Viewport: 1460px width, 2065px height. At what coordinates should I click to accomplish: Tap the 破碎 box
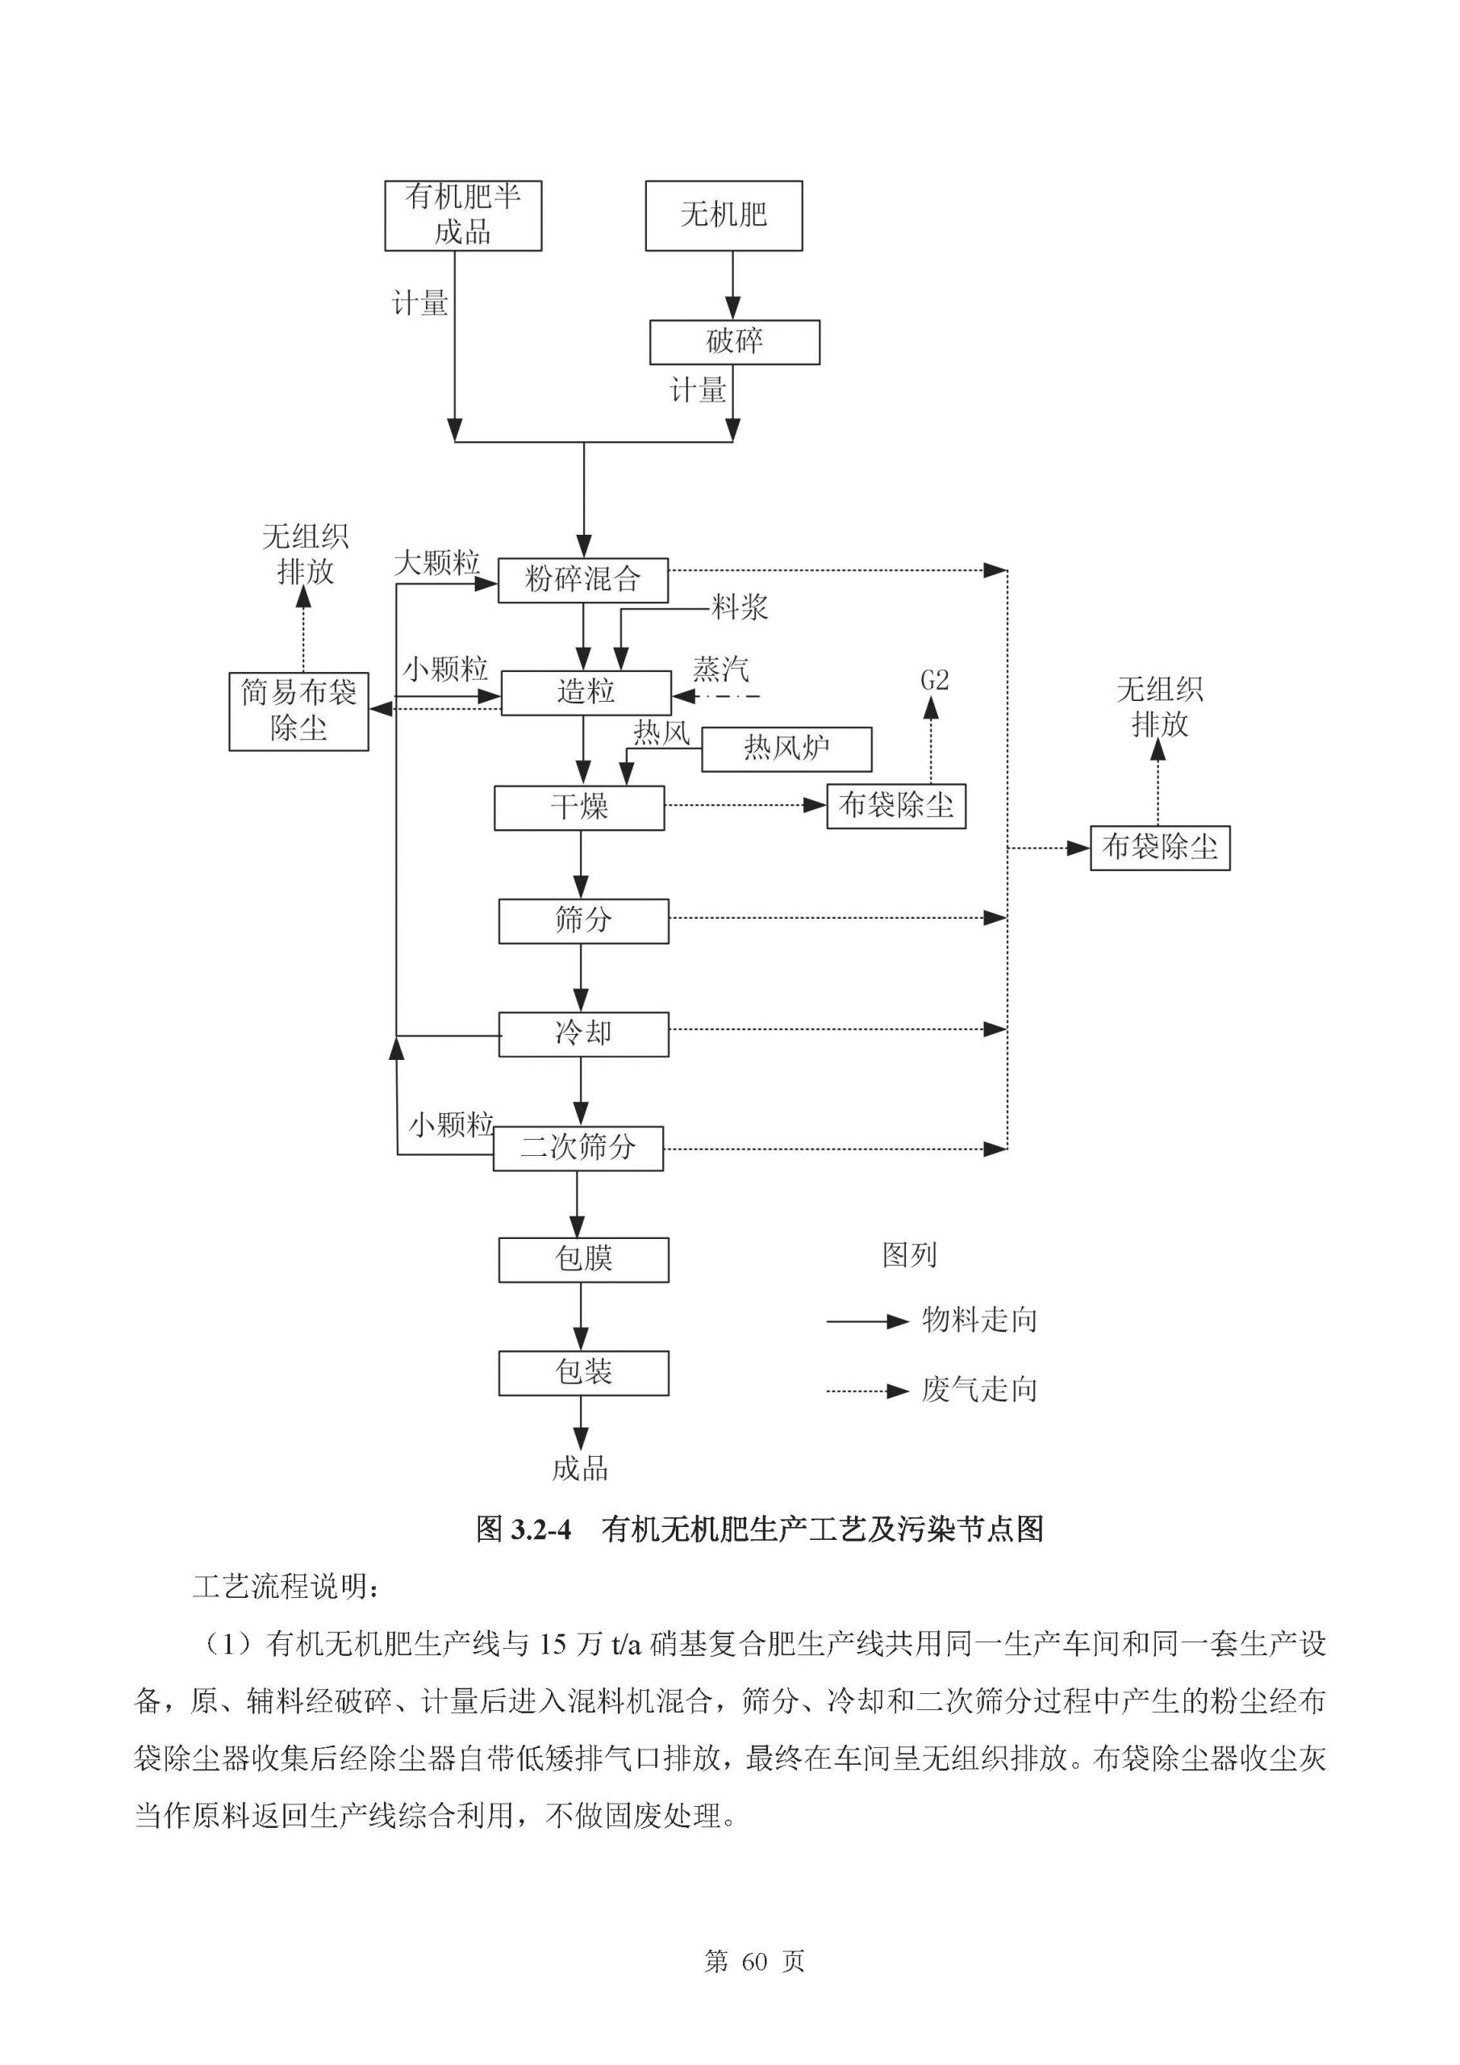[734, 342]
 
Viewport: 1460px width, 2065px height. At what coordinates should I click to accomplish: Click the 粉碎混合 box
[582, 580]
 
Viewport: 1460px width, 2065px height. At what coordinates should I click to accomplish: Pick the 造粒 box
[586, 693]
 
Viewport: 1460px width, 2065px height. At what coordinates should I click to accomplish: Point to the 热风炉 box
[786, 749]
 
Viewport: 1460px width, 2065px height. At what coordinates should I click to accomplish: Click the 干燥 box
[578, 807]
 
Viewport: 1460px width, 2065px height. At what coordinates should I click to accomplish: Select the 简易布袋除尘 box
[298, 711]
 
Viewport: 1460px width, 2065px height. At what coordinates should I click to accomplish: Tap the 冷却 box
[583, 1033]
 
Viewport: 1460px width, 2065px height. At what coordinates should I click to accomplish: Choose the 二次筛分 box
[578, 1148]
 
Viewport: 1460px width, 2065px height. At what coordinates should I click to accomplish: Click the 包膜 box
[583, 1259]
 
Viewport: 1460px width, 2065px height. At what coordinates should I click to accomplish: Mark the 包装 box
[583, 1372]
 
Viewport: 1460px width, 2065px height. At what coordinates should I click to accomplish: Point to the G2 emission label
[935, 681]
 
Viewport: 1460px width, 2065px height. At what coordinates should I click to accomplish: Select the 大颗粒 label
[437, 564]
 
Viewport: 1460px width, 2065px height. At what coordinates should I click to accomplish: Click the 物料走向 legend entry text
[979, 1321]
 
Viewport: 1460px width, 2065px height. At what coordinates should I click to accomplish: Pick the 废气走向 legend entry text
[979, 1391]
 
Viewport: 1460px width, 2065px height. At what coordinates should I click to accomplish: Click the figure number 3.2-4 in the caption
[540, 1530]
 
